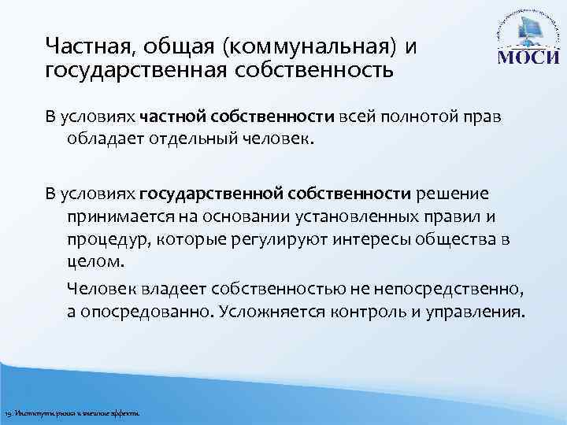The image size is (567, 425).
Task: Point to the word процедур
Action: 105,237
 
